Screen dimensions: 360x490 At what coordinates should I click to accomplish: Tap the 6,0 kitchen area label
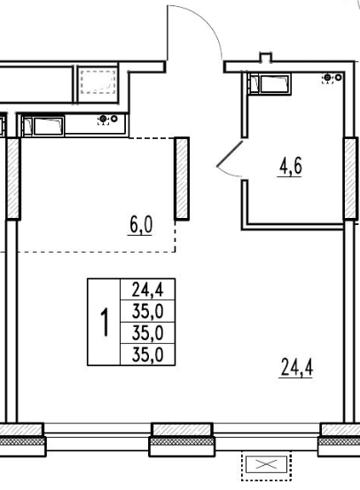click(140, 225)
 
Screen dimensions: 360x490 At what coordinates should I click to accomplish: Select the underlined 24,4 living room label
click(296, 368)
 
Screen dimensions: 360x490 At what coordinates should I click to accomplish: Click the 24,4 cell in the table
click(147, 290)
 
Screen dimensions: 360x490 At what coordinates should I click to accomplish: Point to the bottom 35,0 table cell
click(147, 354)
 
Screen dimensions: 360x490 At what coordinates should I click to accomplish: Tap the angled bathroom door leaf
click(230, 154)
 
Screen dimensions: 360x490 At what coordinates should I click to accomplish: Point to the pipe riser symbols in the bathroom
click(332, 78)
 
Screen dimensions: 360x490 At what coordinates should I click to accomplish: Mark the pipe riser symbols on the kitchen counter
click(107, 120)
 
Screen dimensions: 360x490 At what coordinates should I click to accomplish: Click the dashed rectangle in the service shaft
click(98, 82)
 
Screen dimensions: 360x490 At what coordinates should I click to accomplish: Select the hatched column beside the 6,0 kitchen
click(182, 178)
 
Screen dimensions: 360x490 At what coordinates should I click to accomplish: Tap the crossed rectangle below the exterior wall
click(266, 464)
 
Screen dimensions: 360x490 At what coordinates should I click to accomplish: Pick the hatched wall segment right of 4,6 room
click(350, 178)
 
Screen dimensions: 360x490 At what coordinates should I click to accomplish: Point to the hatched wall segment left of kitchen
click(13, 178)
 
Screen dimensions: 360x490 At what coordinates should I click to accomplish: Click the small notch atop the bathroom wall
click(265, 58)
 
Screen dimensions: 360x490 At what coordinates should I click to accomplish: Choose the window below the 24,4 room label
click(267, 437)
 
